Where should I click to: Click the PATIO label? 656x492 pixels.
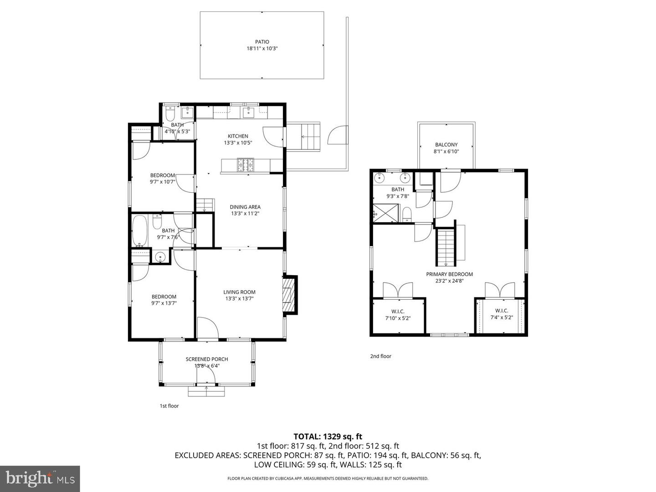click(x=262, y=42)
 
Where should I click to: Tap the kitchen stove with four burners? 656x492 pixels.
click(x=245, y=164)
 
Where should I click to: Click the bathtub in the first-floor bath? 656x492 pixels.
click(x=140, y=231)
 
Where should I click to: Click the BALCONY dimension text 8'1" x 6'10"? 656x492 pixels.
click(x=446, y=151)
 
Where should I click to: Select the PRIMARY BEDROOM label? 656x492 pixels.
click(x=449, y=274)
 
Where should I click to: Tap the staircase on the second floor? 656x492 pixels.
click(x=446, y=248)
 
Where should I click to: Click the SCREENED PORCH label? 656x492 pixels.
click(x=207, y=359)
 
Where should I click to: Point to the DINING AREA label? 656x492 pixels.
click(x=245, y=207)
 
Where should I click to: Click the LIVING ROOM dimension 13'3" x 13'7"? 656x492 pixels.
click(x=239, y=299)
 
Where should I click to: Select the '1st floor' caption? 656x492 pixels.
click(x=169, y=406)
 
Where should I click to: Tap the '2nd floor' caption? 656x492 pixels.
click(x=380, y=356)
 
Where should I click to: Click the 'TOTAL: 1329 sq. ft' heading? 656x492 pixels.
click(x=328, y=437)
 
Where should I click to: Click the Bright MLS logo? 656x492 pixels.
click(x=40, y=478)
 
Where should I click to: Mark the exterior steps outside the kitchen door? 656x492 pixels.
click(x=310, y=137)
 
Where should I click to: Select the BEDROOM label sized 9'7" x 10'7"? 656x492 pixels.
click(x=163, y=175)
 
